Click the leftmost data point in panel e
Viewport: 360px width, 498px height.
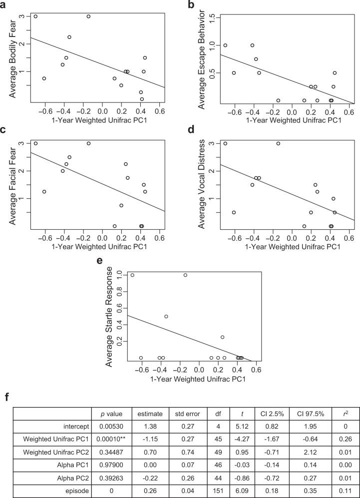(132, 275)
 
